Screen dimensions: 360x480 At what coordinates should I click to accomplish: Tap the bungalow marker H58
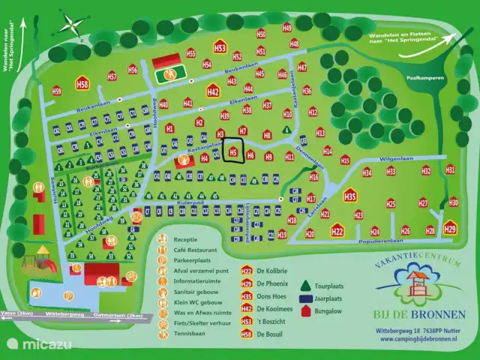tap(82, 84)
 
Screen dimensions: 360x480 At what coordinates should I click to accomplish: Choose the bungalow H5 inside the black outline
tap(233, 152)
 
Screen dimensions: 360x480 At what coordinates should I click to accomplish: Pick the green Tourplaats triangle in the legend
tap(305, 285)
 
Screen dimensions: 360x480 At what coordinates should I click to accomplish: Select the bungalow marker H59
tap(57, 91)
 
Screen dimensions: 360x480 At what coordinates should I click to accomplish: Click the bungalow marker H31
tap(450, 169)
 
